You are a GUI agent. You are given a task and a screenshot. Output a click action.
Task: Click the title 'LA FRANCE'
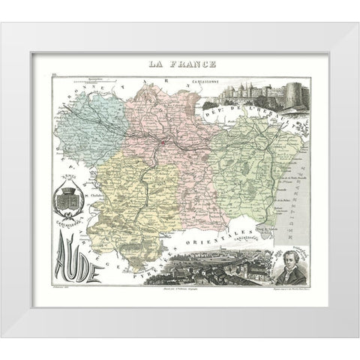click(x=179, y=66)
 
